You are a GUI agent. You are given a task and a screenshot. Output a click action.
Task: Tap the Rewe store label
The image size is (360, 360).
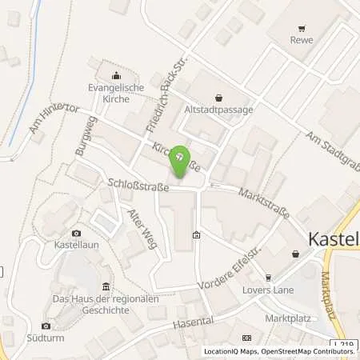[x=301, y=38]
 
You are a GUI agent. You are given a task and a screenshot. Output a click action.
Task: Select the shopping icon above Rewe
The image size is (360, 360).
[x=301, y=24]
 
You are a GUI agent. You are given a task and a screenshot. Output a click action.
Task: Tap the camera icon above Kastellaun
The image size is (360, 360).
[x=76, y=231]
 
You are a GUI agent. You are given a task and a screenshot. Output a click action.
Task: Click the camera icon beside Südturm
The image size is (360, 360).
[x=46, y=326]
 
